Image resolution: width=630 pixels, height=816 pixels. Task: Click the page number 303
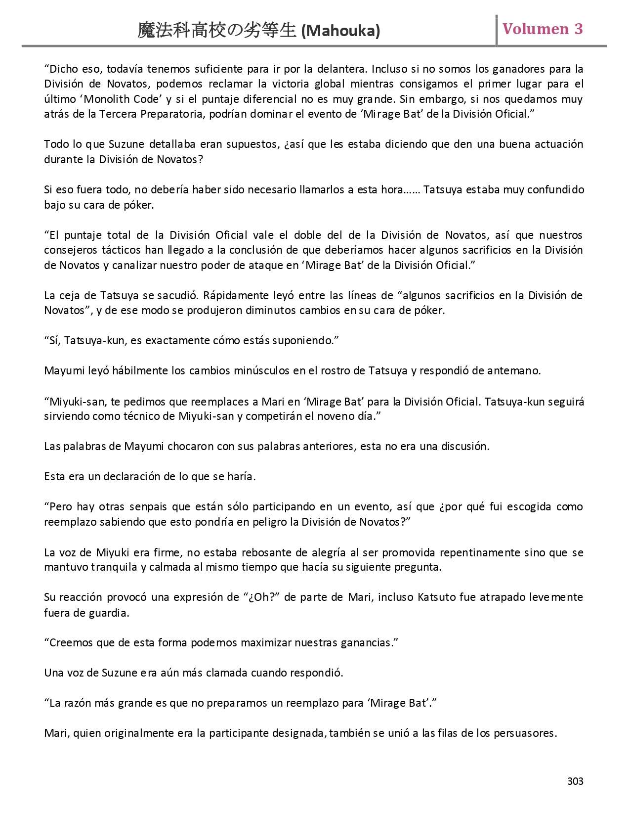click(x=575, y=781)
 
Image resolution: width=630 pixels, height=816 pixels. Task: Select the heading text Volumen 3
click(x=543, y=29)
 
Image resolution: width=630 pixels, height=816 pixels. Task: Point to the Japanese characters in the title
click(x=217, y=31)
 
